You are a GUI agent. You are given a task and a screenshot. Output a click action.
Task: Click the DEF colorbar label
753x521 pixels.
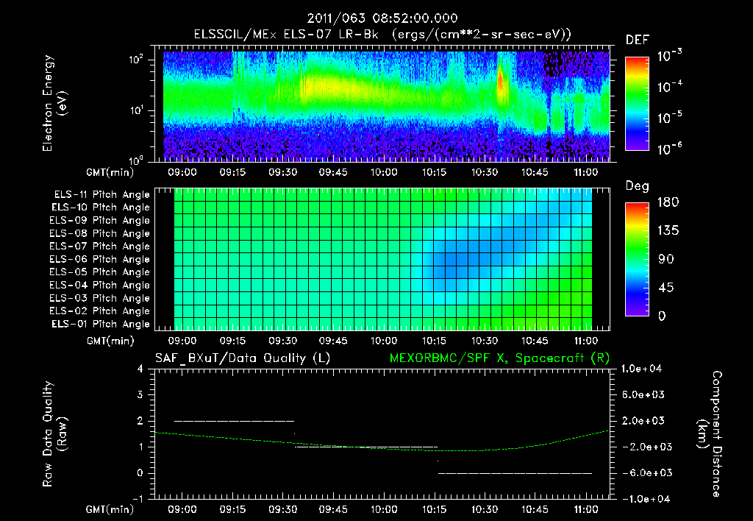coord(637,40)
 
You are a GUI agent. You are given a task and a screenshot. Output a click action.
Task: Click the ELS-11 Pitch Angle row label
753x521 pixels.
coord(101,194)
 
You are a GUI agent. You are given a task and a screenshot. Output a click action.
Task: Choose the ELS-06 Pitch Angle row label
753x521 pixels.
coord(101,259)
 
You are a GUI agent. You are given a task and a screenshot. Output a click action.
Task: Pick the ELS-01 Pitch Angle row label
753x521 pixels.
coord(101,324)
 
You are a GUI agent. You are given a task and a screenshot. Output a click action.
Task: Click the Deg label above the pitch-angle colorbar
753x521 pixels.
coord(637,186)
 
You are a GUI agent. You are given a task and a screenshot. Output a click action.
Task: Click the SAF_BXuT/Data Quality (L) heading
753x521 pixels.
coord(242,358)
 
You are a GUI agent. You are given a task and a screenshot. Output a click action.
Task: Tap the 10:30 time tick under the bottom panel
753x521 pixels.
coord(484,509)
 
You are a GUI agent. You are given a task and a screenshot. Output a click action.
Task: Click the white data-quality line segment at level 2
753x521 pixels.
coord(234,421)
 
